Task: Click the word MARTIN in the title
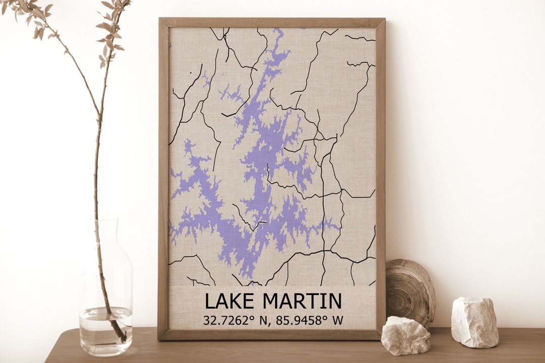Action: tap(302, 301)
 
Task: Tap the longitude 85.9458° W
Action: tap(308, 320)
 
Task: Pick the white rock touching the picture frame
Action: tap(405, 335)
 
